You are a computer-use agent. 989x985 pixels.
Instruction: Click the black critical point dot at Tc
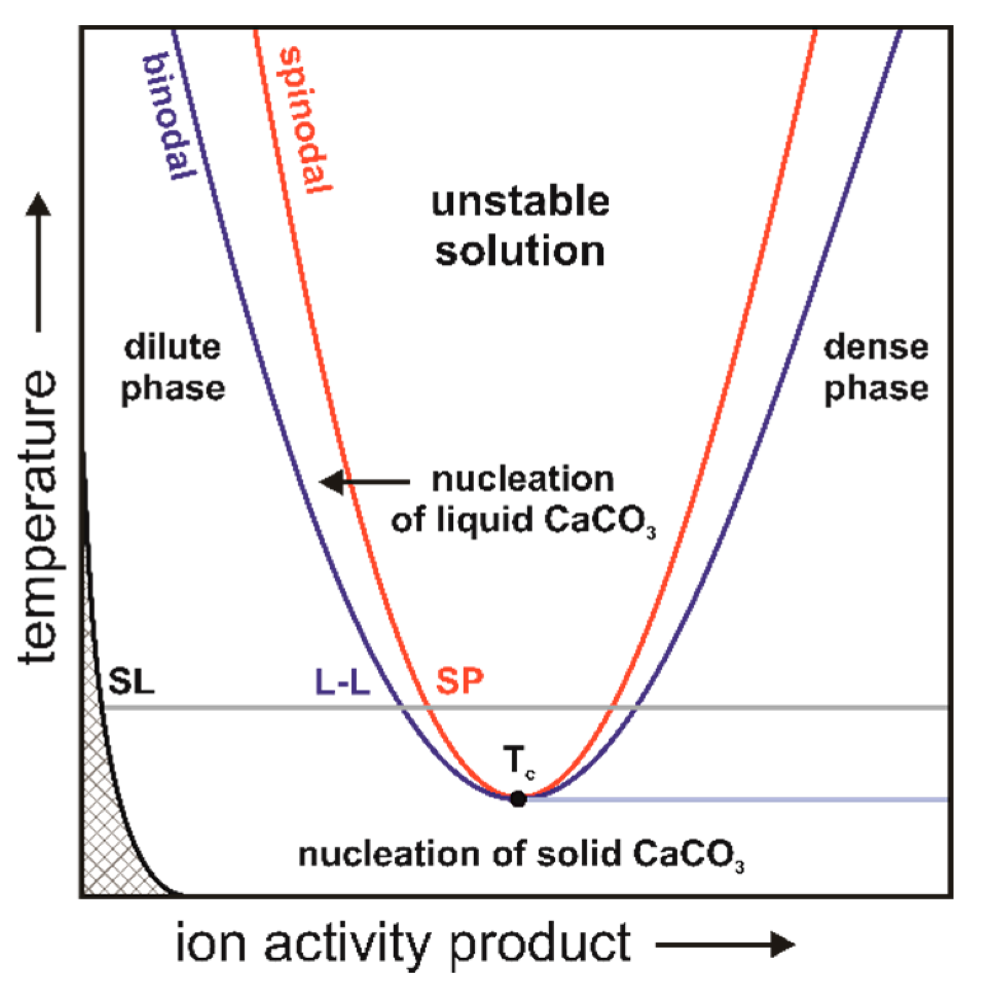point(518,799)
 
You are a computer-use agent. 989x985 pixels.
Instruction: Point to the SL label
point(131,681)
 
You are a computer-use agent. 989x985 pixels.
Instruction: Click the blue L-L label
point(342,682)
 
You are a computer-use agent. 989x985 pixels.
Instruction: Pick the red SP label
point(459,681)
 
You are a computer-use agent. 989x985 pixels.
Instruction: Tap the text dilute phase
point(173,368)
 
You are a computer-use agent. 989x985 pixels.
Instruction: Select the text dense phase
point(876,368)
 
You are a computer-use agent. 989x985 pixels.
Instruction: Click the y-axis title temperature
point(38,516)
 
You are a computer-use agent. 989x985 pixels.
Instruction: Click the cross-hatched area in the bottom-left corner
point(104,849)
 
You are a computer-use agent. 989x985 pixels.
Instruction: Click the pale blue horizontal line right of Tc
point(738,799)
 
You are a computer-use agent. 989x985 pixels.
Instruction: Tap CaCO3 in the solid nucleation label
point(688,855)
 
